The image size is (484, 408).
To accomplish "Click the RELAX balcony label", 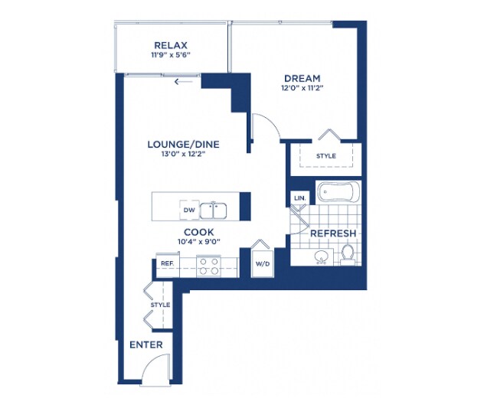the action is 171,45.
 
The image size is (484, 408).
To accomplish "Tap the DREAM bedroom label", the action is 302,78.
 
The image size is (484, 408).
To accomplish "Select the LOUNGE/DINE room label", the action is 183,144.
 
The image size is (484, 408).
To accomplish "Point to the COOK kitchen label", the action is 199,232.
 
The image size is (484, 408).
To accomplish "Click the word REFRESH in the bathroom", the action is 333,233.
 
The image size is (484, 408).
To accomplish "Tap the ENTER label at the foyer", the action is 146,344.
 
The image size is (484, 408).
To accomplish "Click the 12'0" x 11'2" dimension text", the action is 302,88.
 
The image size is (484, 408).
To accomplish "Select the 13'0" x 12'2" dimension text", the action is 183,154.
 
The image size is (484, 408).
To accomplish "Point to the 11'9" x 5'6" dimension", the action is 171,55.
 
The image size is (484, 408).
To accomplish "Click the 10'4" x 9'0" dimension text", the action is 199,241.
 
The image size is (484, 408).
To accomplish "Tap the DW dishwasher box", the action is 189,210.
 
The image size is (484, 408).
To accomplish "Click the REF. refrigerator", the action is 168,264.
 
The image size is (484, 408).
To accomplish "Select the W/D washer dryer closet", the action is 263,263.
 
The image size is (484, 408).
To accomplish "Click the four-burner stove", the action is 208,266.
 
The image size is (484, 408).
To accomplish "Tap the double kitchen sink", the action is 213,211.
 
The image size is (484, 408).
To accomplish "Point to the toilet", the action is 348,255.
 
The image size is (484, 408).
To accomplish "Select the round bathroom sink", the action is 321,256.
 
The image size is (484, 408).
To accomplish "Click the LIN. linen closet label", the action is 299,198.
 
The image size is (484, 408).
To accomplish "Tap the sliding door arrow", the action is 184,82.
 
